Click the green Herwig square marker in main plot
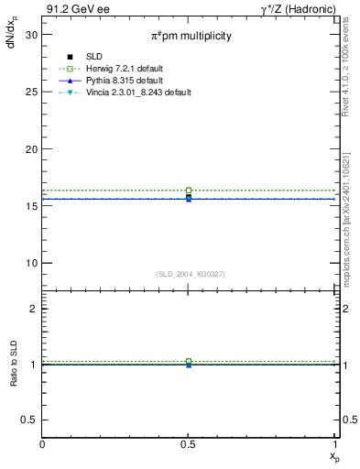click(x=189, y=191)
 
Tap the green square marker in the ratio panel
click(x=189, y=362)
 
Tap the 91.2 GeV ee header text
click(x=71, y=9)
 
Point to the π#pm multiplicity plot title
click(x=191, y=36)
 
